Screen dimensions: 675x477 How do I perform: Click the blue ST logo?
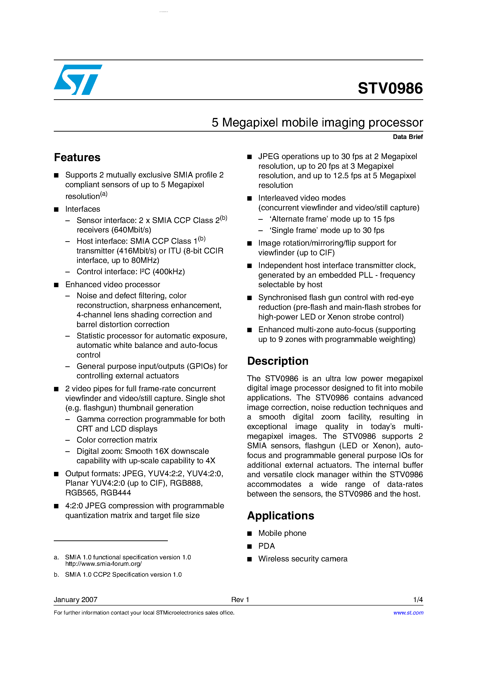(x=78, y=80)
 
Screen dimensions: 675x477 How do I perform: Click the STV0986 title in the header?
(x=390, y=88)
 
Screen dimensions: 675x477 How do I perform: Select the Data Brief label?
(x=408, y=137)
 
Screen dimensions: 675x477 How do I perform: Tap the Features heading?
(x=77, y=158)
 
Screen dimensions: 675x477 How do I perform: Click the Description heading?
(x=278, y=361)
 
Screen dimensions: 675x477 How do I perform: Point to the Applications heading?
(x=281, y=516)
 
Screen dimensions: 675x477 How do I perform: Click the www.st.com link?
(x=408, y=613)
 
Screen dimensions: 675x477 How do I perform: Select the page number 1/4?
(x=418, y=600)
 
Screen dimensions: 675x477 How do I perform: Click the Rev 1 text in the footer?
(x=240, y=600)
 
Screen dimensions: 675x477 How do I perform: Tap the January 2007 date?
(x=75, y=600)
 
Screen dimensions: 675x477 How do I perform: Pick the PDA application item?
(x=266, y=546)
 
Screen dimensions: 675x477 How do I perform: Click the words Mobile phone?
(x=282, y=533)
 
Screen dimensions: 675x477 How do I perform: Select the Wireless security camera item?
(x=303, y=559)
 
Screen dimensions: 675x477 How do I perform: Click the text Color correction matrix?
(x=117, y=440)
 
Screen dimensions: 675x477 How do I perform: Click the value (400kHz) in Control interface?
(x=169, y=272)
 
